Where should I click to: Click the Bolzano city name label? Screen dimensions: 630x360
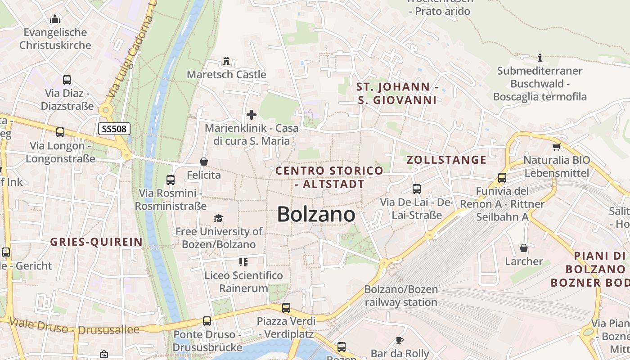point(316,214)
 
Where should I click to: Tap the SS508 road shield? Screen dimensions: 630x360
point(115,129)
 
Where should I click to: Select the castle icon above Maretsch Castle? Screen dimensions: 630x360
point(226,61)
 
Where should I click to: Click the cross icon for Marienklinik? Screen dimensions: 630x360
point(252,115)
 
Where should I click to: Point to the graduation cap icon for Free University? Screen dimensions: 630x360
point(218,218)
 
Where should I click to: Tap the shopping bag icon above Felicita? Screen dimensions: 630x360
point(204,161)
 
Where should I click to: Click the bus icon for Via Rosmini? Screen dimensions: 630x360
point(171,180)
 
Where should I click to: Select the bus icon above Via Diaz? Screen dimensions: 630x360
point(67,80)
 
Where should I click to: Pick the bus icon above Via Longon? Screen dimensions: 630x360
point(60,132)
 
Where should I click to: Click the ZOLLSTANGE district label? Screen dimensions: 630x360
point(446,160)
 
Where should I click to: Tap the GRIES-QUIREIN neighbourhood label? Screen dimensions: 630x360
point(96,242)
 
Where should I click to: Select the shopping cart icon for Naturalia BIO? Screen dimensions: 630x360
point(557,147)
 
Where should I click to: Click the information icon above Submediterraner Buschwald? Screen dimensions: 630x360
point(540,58)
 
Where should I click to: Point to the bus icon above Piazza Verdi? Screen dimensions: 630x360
point(286,308)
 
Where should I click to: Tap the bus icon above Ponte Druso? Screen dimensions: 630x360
point(207,321)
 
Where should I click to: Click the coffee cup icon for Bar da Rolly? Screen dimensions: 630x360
point(399,340)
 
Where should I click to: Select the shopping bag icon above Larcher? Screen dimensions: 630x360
point(524,248)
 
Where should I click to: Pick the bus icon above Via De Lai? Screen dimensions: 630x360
point(417,189)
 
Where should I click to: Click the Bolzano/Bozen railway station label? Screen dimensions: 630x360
point(401,296)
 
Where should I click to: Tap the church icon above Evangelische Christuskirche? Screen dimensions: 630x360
point(55,19)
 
